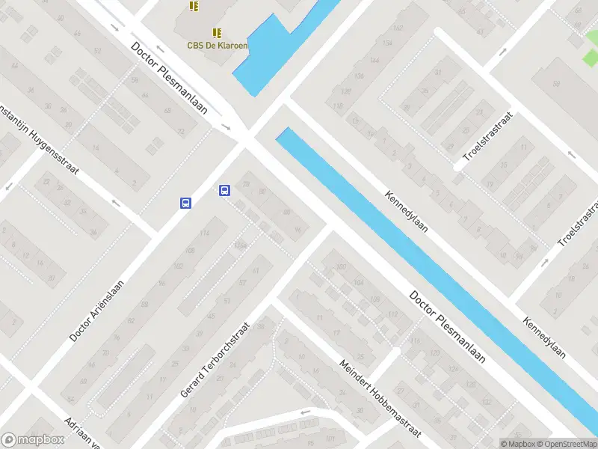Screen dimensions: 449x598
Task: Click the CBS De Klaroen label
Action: coord(217,45)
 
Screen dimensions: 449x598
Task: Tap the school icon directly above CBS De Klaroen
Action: coord(217,33)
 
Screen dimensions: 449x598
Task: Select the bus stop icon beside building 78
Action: coord(224,191)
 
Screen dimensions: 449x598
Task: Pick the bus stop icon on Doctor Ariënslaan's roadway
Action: coord(185,203)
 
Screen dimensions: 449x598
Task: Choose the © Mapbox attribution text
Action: coord(518,444)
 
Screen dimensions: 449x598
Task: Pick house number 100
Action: coord(341,267)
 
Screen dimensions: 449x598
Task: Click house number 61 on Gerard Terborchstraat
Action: coord(256,270)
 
